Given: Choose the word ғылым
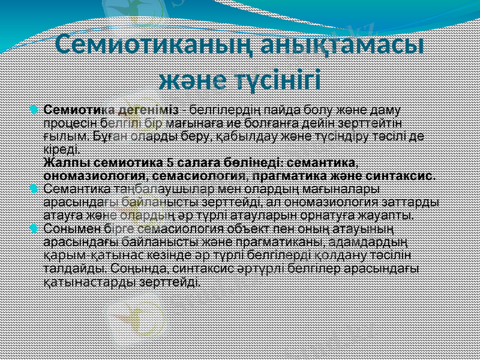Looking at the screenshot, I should (60, 136).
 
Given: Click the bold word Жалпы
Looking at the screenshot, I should (63, 163).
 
